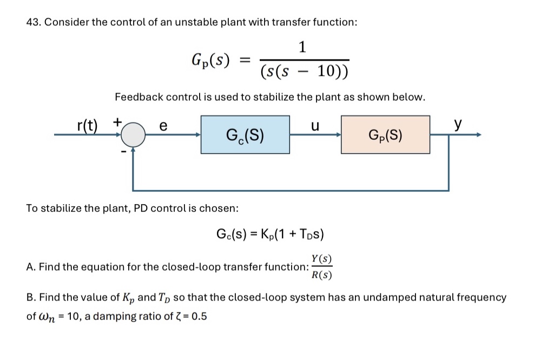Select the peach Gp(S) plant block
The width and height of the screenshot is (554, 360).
(385, 135)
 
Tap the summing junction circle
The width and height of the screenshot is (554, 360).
(133, 135)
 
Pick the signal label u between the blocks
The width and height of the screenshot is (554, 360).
(315, 125)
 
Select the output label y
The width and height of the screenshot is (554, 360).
(458, 125)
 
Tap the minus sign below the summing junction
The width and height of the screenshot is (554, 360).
(123, 153)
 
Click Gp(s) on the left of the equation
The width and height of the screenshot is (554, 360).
(210, 59)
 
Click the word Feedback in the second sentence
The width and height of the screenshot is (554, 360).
(138, 97)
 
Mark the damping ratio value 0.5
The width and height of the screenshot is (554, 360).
(199, 316)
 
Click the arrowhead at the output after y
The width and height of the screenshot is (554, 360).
(477, 135)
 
